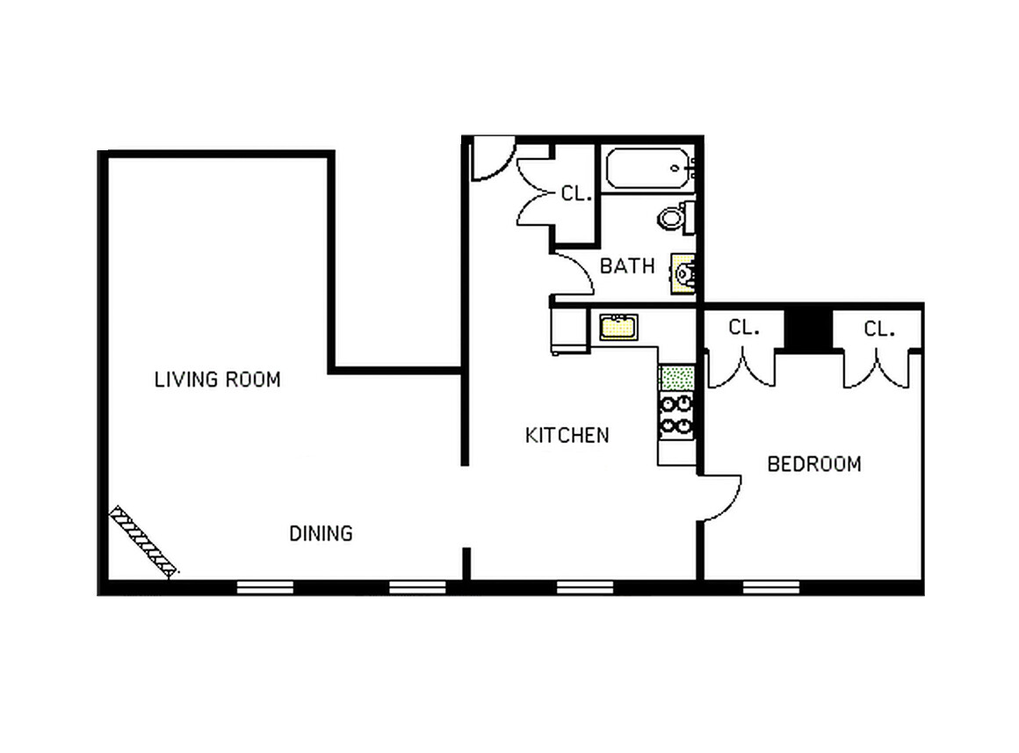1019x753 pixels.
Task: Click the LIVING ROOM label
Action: tap(217, 380)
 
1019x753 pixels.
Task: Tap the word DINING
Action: tap(321, 532)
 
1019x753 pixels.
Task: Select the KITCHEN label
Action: tap(567, 435)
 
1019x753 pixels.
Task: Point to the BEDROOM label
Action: tap(814, 464)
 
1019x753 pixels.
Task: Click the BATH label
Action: tap(627, 265)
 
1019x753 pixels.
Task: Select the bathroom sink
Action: tap(684, 273)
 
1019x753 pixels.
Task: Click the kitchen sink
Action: tap(618, 327)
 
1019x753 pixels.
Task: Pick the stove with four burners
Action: tap(676, 415)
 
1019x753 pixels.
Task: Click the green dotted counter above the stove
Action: tap(676, 379)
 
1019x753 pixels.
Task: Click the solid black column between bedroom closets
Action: tap(807, 328)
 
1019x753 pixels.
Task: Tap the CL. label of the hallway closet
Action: tap(575, 193)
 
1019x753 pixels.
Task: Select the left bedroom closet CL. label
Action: tap(743, 328)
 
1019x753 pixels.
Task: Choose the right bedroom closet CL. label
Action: tap(878, 329)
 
